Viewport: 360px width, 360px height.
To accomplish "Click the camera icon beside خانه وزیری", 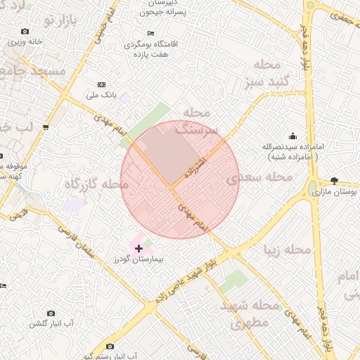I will (25, 32).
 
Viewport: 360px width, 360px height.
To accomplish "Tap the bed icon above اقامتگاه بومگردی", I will (150, 34).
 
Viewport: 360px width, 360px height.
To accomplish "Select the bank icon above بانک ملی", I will (101, 84).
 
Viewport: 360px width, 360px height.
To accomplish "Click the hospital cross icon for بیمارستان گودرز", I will (139, 248).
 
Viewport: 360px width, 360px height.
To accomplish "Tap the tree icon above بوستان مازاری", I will (334, 181).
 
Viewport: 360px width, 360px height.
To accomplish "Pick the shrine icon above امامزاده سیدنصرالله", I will (292, 136).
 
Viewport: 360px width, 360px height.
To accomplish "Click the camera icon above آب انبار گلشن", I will (51, 313).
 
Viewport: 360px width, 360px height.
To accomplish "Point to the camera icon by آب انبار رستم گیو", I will (110, 347).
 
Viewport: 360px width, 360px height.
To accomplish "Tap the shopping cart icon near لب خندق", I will (46, 127).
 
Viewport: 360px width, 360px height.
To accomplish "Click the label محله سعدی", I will (259, 177).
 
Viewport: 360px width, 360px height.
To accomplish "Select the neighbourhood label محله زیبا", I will (288, 250).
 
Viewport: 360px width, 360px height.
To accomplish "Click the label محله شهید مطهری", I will (250, 316).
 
